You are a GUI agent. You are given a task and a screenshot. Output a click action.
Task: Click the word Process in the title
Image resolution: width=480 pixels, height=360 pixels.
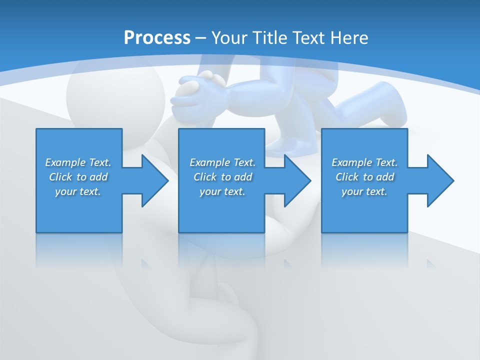[x=157, y=38]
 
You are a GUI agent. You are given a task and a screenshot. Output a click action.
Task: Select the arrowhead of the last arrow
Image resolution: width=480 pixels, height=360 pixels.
[x=439, y=180]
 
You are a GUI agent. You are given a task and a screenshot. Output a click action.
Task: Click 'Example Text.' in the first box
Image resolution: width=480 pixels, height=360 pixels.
[x=78, y=162]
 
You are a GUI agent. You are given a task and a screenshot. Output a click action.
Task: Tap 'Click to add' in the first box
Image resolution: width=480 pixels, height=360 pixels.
[x=78, y=177]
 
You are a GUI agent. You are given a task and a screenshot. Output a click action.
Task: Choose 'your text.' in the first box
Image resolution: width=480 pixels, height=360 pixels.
[x=78, y=191]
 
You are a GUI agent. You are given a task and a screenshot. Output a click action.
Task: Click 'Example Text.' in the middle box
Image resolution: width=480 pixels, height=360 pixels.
[x=222, y=162]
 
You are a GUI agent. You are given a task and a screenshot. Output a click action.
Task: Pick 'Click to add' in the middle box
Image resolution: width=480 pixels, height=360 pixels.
[x=222, y=177]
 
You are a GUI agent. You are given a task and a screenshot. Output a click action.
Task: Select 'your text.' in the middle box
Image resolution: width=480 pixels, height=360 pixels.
[x=222, y=191]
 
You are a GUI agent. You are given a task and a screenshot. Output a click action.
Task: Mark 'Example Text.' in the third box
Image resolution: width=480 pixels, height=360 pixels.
[x=364, y=162]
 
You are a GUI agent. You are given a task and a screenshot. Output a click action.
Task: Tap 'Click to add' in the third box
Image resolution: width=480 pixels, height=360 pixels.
[x=364, y=177]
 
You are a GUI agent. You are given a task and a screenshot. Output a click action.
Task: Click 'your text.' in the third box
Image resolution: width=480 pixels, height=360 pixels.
[x=364, y=191]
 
